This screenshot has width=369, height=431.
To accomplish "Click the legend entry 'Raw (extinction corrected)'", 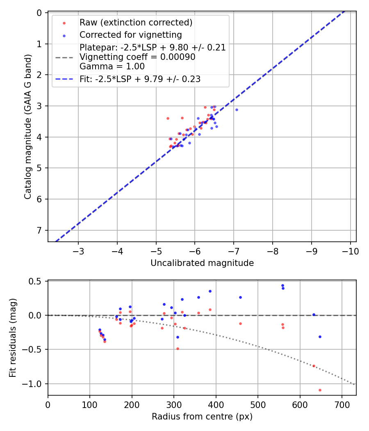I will pyautogui.click(x=136, y=23).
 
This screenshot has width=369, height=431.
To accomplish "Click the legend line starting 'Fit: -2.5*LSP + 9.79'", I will pyautogui.click(x=140, y=79).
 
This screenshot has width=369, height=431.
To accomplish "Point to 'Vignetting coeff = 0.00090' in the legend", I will pyautogui.click(x=137, y=57).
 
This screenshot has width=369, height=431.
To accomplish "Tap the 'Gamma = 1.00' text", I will pyautogui.click(x=112, y=66).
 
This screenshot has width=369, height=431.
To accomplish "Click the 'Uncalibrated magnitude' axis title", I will pyautogui.click(x=202, y=263).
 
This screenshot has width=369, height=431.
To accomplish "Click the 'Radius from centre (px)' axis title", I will pyautogui.click(x=202, y=417).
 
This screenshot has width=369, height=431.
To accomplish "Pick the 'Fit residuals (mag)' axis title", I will pyautogui.click(x=13, y=337).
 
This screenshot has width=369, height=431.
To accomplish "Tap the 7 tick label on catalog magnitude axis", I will pyautogui.click(x=39, y=230).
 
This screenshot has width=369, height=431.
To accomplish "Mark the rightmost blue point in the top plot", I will pyautogui.click(x=237, y=110).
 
